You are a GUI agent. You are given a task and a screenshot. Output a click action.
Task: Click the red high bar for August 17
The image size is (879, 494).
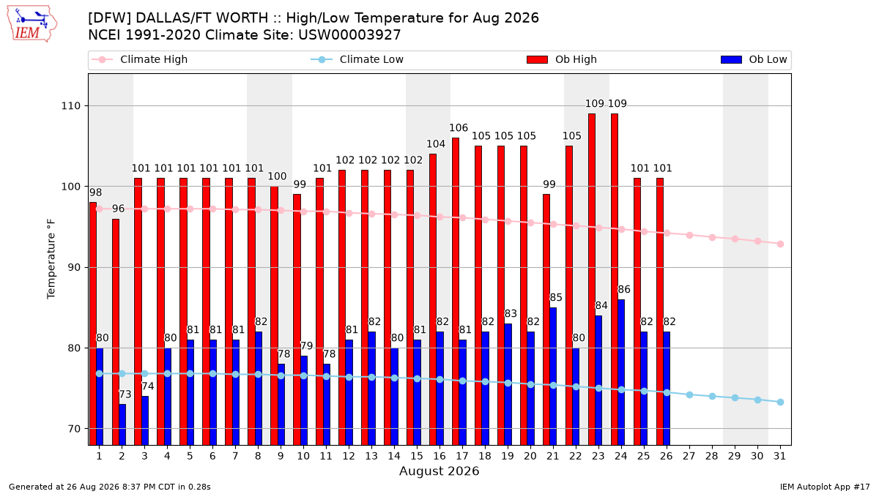click(x=456, y=291)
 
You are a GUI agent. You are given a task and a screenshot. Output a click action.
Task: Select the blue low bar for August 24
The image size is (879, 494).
click(x=621, y=373)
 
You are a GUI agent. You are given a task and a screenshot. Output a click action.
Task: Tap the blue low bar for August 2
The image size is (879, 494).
click(x=122, y=424)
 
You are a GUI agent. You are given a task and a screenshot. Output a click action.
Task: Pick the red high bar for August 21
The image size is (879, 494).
click(x=546, y=320)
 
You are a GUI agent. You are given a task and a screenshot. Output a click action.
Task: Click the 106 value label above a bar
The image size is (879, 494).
click(x=459, y=128)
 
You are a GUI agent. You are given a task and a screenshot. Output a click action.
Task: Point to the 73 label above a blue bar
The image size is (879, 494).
click(x=125, y=394)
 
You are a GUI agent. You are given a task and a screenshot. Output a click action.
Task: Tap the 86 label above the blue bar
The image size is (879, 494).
click(x=624, y=289)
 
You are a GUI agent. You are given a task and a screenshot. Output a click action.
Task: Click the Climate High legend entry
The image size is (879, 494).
click(x=140, y=59)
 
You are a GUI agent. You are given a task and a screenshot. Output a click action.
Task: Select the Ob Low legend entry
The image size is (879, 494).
click(x=754, y=59)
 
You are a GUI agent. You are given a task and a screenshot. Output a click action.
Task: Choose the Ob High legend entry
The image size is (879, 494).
click(x=562, y=59)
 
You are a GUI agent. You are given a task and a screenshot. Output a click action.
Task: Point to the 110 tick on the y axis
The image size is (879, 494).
click(x=70, y=106)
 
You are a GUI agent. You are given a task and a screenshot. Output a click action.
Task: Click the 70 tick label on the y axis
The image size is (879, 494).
click(x=74, y=429)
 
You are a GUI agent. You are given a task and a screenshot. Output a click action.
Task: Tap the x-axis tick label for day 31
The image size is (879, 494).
click(x=779, y=456)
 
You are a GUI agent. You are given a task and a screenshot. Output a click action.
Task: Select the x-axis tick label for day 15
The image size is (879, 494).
click(x=417, y=456)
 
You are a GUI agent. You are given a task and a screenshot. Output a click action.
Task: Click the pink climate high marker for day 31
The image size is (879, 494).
click(x=781, y=244)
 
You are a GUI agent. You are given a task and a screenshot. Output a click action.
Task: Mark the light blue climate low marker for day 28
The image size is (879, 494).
click(x=712, y=397)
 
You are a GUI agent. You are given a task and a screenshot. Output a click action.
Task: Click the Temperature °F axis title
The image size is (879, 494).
click(x=51, y=259)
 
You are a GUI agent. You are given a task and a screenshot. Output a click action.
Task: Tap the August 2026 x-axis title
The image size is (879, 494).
click(x=439, y=471)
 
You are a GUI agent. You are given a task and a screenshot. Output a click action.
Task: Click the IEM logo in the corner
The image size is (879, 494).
click(x=32, y=24)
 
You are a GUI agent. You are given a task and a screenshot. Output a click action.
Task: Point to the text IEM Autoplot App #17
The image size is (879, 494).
click(x=825, y=487)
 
